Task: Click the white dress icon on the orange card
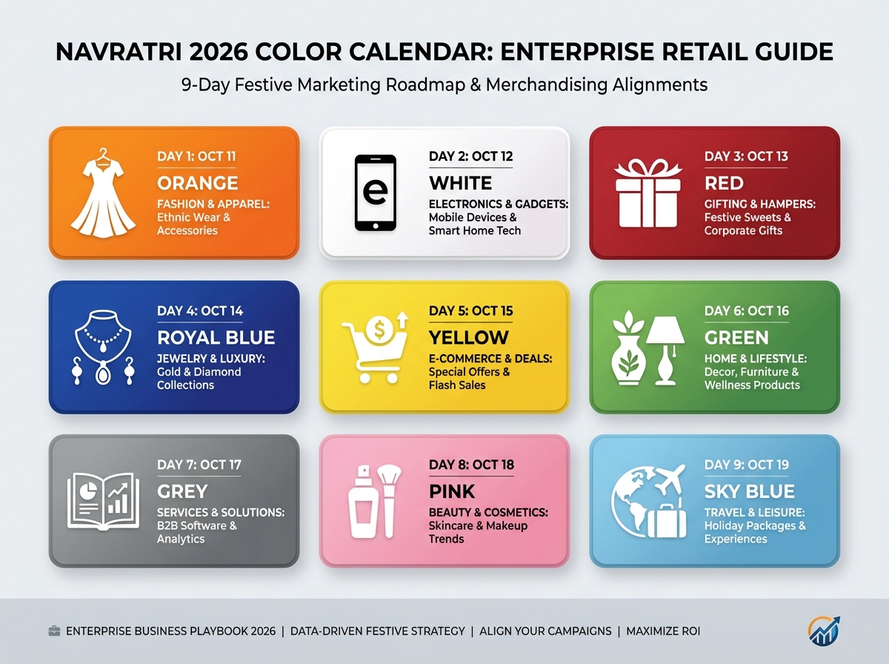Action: pos(103,193)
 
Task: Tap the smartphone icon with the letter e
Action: pos(376,193)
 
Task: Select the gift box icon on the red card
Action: pos(648,193)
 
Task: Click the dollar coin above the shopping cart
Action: pos(379,329)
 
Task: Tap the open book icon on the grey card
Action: pos(103,502)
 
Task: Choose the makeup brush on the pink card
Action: pos(389,501)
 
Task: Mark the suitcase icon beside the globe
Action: pos(667,520)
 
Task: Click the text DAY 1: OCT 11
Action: pos(196,156)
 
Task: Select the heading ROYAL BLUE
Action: pos(216,338)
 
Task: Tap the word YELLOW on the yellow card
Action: pos(469,338)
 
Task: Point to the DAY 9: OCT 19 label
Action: pos(747,465)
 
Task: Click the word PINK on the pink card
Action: pos(452,492)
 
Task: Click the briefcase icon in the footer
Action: pos(54,631)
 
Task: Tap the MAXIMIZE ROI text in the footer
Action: pos(663,631)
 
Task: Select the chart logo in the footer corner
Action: pos(824,631)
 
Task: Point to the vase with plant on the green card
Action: pos(628,348)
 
